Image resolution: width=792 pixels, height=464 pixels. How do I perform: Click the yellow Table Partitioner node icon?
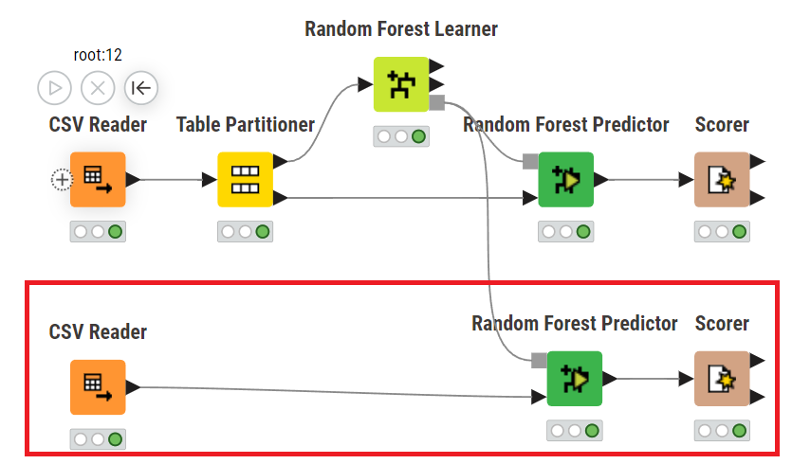(x=246, y=179)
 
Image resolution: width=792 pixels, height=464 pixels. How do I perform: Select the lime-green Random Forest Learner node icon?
(x=401, y=84)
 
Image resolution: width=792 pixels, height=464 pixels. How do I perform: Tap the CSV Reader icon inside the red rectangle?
(x=98, y=386)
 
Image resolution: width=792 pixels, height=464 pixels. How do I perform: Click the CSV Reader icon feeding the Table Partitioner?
(x=98, y=179)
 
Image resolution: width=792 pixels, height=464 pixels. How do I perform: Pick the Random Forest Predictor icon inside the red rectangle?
(x=575, y=379)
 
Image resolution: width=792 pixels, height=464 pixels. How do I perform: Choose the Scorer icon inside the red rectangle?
(x=722, y=379)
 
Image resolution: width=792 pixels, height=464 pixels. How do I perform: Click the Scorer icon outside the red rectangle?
(x=722, y=179)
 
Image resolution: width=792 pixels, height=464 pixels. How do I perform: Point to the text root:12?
(x=98, y=56)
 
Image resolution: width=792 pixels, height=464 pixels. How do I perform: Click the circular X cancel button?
(x=98, y=88)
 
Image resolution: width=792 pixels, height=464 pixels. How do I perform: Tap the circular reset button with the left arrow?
(x=140, y=88)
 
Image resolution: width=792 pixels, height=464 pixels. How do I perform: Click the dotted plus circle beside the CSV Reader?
(x=62, y=179)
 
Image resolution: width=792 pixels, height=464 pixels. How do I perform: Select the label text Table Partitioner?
(x=245, y=125)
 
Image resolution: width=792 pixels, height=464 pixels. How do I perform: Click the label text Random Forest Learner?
(x=401, y=29)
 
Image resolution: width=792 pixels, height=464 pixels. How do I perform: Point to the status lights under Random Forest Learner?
(x=401, y=136)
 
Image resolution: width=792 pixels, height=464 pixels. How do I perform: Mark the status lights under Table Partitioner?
(x=246, y=231)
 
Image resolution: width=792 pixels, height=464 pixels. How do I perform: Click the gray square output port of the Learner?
(x=437, y=101)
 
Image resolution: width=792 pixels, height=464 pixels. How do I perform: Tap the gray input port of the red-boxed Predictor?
(x=540, y=360)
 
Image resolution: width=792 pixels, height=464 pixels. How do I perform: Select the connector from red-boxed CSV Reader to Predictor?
(x=332, y=391)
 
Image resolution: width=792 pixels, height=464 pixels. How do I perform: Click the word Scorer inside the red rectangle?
(x=722, y=324)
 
